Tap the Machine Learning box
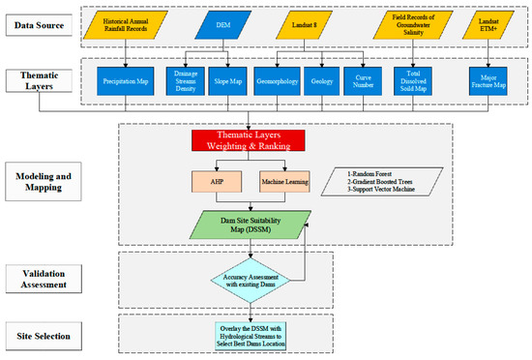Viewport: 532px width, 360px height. click(x=283, y=181)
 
